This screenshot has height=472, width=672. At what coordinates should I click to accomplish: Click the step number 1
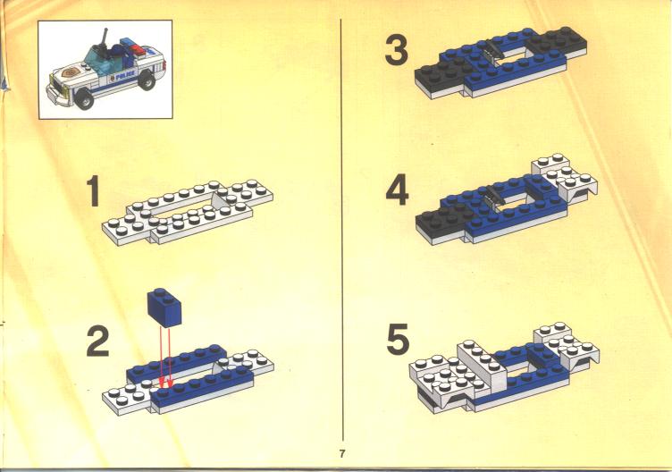tap(93, 190)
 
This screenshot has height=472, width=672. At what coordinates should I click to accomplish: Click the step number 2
tap(98, 341)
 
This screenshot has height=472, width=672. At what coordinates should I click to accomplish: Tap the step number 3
tap(397, 50)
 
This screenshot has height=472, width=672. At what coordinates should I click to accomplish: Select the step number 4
tap(397, 191)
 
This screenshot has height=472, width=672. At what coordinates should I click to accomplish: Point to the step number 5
tap(398, 339)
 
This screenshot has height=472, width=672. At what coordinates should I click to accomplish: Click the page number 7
tap(341, 453)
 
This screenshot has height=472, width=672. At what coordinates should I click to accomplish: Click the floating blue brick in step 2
tap(164, 308)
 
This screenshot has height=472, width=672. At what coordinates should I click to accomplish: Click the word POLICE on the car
tap(125, 74)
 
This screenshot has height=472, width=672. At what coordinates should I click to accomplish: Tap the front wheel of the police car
tap(85, 99)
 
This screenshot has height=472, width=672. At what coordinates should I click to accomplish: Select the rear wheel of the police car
tap(147, 80)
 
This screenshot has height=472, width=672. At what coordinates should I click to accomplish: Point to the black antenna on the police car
tap(104, 42)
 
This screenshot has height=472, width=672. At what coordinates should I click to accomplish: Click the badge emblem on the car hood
tap(70, 72)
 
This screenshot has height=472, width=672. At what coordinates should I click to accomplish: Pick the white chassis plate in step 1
tap(188, 212)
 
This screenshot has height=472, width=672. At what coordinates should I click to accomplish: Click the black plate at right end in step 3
tap(558, 42)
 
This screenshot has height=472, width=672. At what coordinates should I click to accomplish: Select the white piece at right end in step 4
tap(565, 177)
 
